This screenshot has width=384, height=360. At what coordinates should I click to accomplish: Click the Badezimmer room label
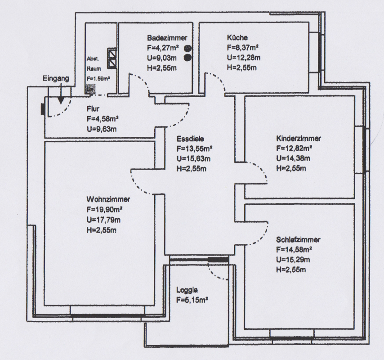click(167, 38)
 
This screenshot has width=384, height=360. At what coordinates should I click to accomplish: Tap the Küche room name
click(237, 37)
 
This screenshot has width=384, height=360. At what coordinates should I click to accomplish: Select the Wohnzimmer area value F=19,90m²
click(105, 210)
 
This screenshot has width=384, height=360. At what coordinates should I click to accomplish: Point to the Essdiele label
click(190, 139)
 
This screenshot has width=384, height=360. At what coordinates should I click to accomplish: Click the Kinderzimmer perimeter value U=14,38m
click(293, 158)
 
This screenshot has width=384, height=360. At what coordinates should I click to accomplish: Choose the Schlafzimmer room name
click(298, 239)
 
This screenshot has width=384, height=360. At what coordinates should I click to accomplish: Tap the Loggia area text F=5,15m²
click(192, 300)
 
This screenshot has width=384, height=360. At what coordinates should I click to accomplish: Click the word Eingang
click(56, 78)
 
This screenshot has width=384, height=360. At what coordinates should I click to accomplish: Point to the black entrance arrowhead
click(61, 100)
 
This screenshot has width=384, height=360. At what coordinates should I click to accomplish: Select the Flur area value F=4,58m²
click(103, 119)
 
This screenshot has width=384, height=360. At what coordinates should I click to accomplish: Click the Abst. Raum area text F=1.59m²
click(98, 79)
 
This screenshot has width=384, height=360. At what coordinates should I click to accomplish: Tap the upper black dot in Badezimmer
click(188, 48)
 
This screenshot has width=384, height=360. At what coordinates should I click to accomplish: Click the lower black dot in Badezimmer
click(188, 58)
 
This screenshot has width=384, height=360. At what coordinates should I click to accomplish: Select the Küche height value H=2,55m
click(242, 67)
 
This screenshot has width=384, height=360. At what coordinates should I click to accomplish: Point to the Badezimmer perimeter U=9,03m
click(162, 58)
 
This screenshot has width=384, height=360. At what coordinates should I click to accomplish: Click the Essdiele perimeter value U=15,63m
click(193, 158)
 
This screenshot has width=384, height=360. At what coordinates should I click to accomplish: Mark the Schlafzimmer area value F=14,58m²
click(294, 250)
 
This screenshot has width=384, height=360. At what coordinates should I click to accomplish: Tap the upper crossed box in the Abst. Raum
click(112, 54)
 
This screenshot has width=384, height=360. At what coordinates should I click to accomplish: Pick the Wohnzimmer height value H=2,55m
click(101, 230)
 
